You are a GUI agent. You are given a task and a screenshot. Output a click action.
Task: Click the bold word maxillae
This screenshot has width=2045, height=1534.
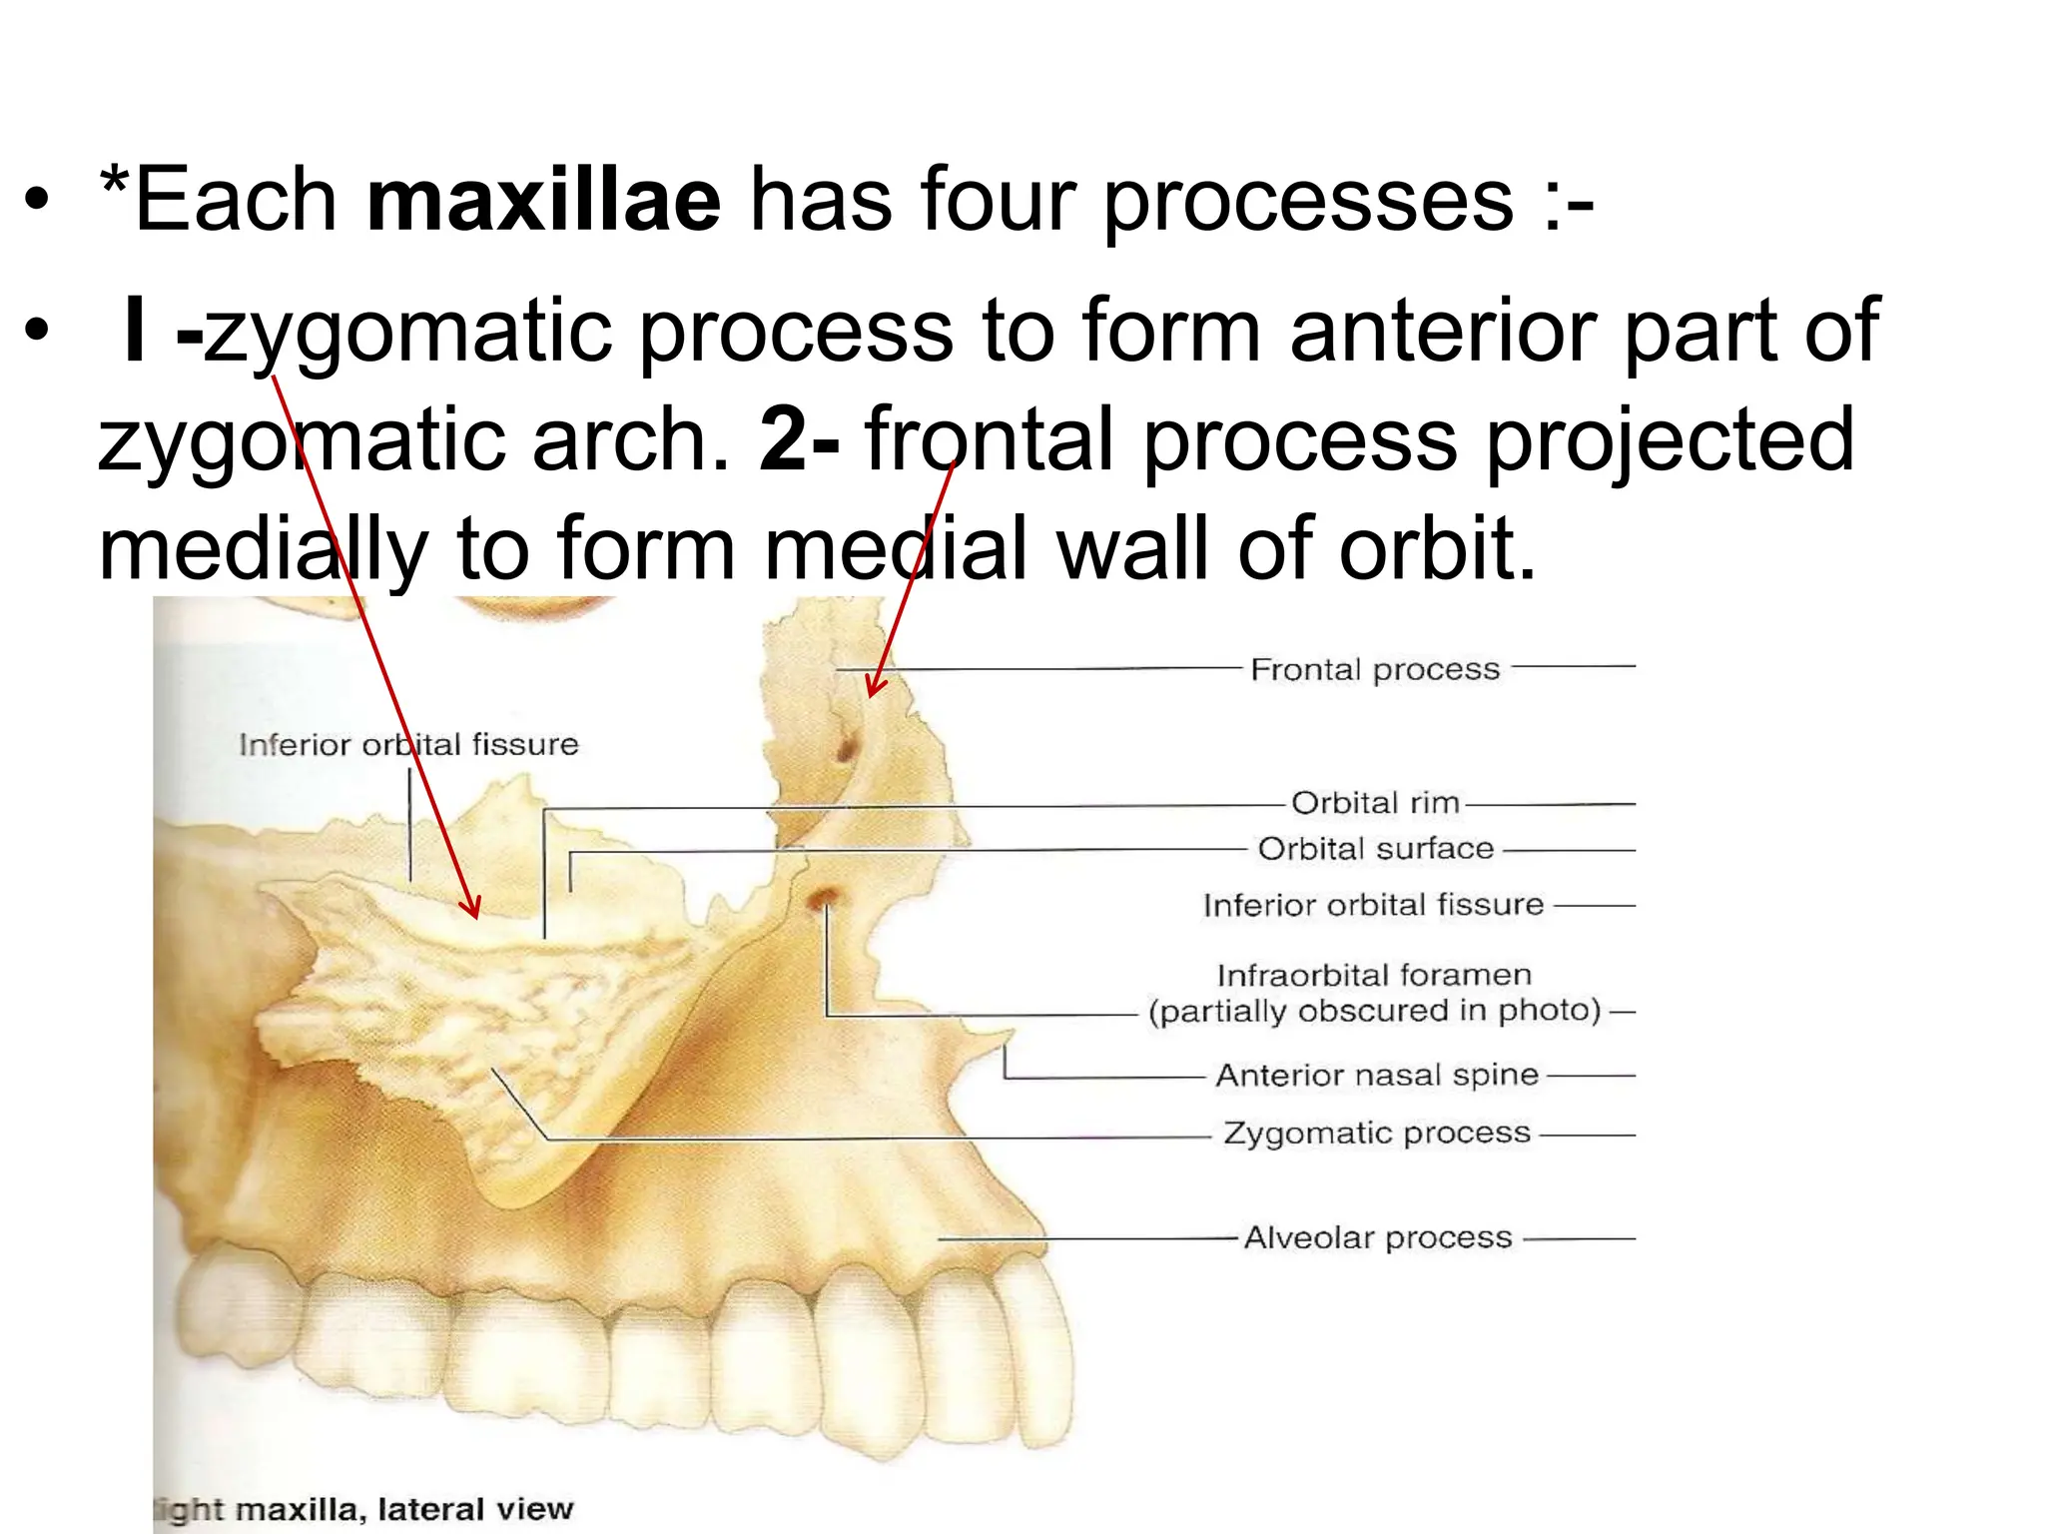click(x=543, y=200)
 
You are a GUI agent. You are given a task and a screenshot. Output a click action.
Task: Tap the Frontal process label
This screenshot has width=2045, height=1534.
click(x=1375, y=669)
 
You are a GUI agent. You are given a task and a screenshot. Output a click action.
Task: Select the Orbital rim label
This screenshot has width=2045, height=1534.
click(x=1375, y=803)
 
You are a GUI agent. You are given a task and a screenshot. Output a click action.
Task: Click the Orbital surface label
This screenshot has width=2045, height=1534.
click(x=1375, y=849)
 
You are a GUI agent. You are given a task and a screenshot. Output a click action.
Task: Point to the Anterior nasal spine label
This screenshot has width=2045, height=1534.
click(x=1377, y=1076)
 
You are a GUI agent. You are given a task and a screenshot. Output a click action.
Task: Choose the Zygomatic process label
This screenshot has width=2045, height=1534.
click(x=1377, y=1134)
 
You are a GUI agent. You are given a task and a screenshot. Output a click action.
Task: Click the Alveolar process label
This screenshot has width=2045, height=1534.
click(x=1377, y=1238)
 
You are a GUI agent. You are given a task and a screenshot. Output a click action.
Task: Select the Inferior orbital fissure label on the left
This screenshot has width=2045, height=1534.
click(x=408, y=745)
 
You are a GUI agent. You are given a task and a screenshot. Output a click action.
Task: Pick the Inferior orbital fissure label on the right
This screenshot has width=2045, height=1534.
click(x=1373, y=906)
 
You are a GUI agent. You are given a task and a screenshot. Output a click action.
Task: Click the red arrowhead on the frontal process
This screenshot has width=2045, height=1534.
click(x=873, y=689)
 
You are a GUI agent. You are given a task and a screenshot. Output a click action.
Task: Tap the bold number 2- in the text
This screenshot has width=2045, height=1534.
click(x=799, y=439)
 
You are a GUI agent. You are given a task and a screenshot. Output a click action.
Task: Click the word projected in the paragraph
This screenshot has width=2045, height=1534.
click(x=1670, y=439)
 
